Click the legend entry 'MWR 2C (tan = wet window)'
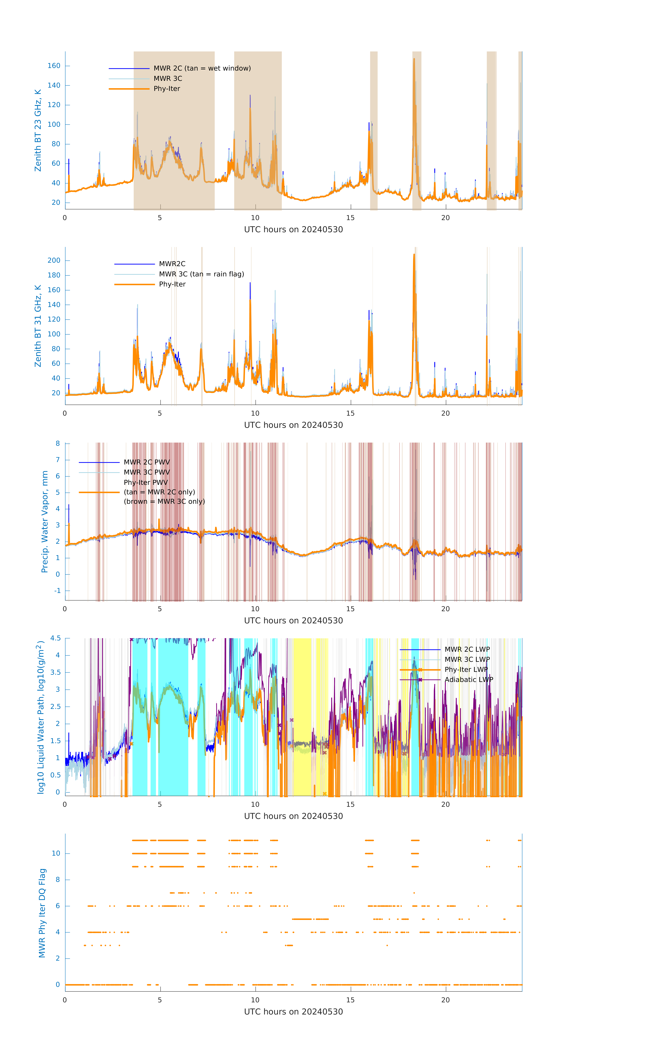pyautogui.click(x=202, y=68)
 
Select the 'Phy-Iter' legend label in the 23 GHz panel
pyautogui.click(x=167, y=89)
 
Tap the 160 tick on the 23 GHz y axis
pyautogui.click(x=54, y=66)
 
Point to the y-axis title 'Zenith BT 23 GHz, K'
pyautogui.click(x=38, y=130)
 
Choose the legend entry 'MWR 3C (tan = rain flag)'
pyautogui.click(x=201, y=274)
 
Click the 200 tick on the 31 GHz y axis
pyautogui.click(x=54, y=260)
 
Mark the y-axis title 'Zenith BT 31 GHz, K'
pyautogui.click(x=38, y=326)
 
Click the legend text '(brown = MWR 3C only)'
pyautogui.click(x=164, y=502)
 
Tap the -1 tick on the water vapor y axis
pyautogui.click(x=58, y=591)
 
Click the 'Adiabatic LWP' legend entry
pyautogui.click(x=469, y=680)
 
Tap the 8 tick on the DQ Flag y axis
pyautogui.click(x=58, y=880)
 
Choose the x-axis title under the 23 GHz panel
pyautogui.click(x=293, y=230)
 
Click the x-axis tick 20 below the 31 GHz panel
pyautogui.click(x=445, y=413)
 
